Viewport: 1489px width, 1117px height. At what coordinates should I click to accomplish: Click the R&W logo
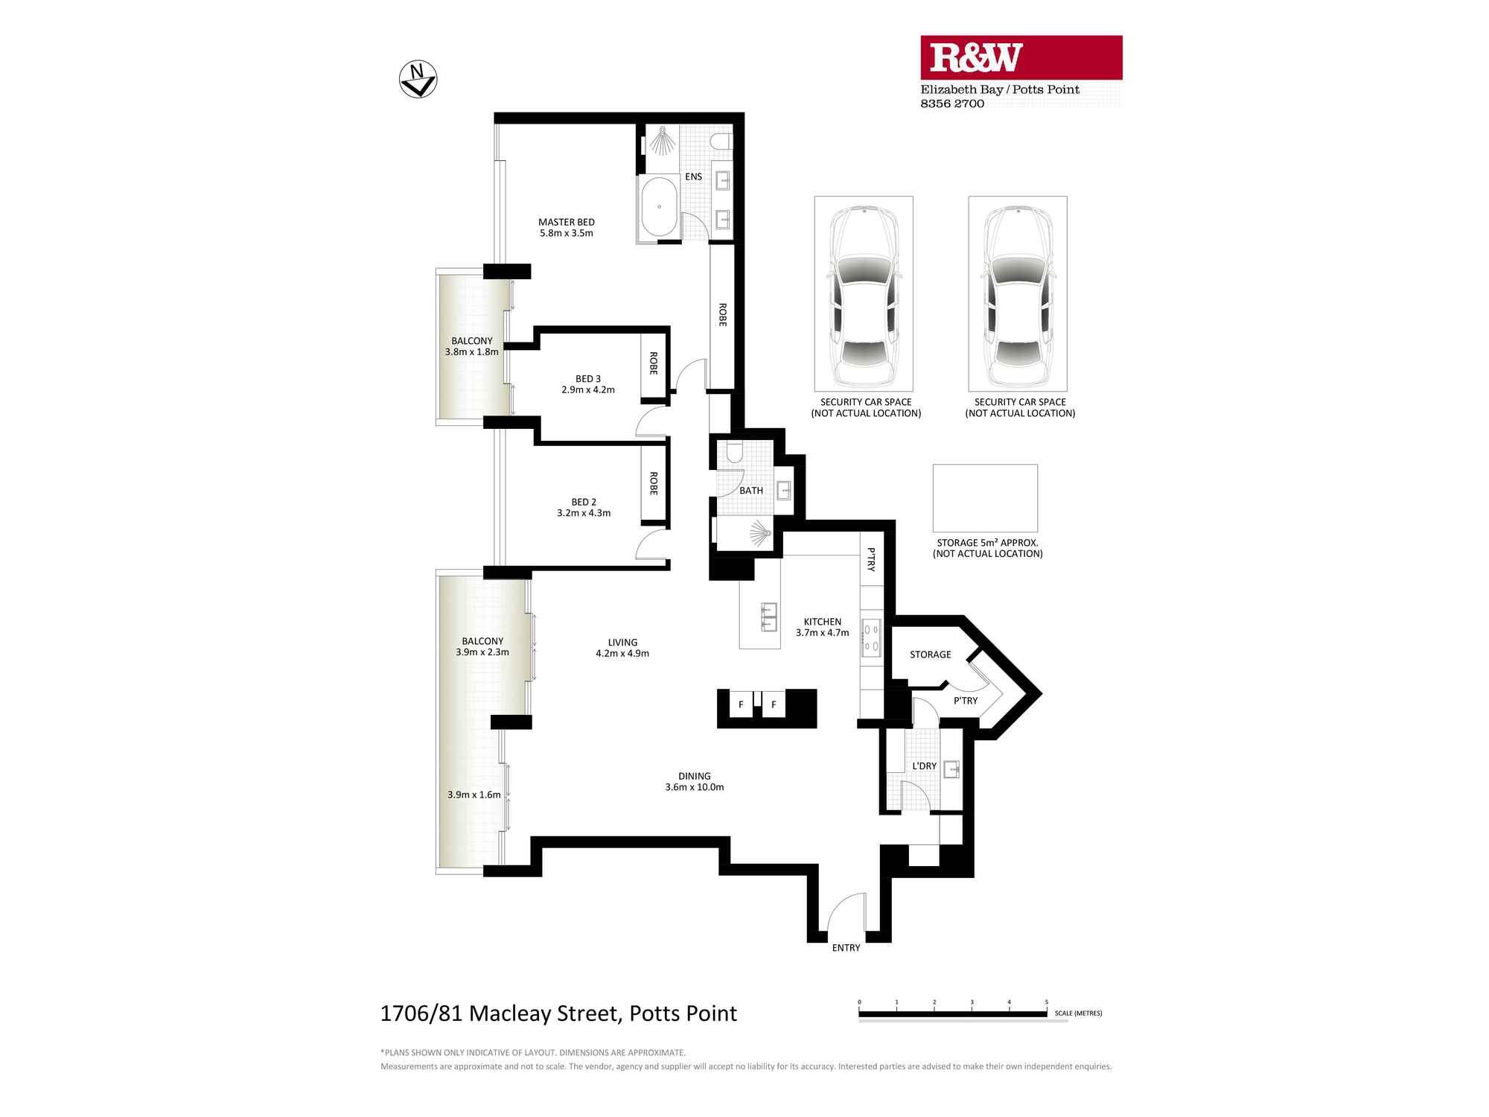point(975,58)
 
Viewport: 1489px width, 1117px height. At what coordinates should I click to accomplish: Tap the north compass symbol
point(418,79)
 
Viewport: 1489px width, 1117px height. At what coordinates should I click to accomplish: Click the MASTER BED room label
point(567,222)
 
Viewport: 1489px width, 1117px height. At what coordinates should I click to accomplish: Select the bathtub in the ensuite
point(659,206)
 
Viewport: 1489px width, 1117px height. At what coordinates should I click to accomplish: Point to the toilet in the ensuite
point(721,141)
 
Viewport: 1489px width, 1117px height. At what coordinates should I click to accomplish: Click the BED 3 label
point(588,379)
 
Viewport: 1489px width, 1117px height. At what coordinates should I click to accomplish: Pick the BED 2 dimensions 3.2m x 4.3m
point(584,513)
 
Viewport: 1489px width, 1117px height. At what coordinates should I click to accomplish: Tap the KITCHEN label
point(823,622)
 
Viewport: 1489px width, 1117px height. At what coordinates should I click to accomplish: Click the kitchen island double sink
point(768,618)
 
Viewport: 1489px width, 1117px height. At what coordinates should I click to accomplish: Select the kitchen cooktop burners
point(871,638)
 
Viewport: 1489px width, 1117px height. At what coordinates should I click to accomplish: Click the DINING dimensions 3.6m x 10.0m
point(695,787)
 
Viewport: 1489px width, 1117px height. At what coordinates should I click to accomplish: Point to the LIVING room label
point(622,643)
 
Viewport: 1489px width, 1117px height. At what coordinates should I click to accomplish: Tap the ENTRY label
point(846,948)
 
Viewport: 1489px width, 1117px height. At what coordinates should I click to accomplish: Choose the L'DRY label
point(925,766)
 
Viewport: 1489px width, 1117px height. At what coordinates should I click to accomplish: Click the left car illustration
point(864,294)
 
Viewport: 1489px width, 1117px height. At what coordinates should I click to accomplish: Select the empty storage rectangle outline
point(985,498)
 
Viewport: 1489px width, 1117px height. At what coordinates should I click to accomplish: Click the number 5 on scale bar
point(1047,1002)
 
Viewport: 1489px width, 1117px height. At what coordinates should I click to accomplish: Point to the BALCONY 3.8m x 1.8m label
point(472,346)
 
